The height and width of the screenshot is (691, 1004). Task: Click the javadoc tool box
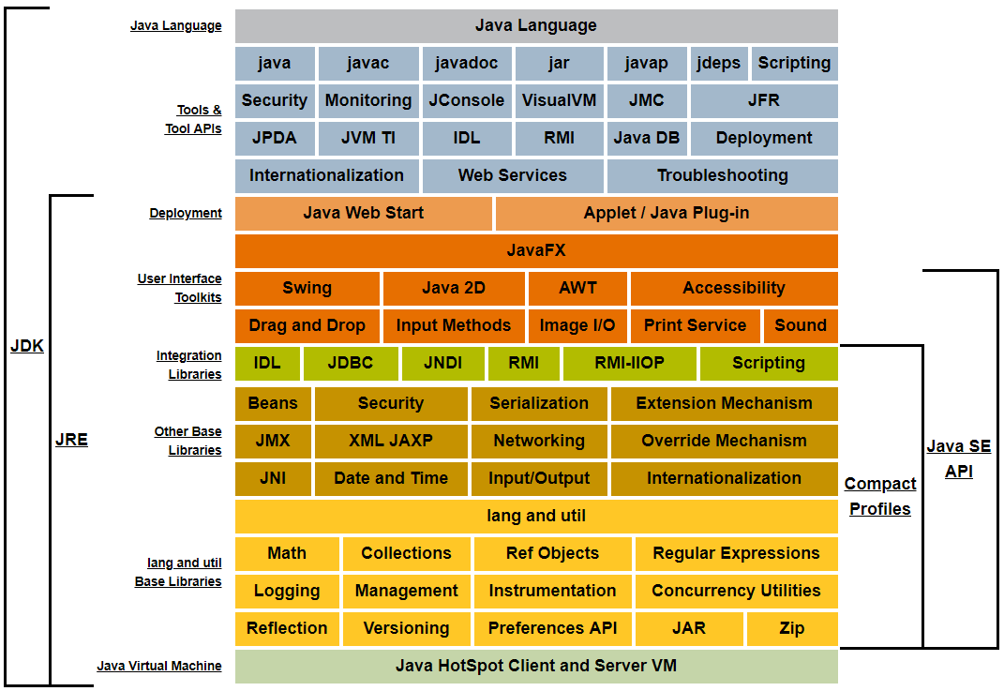click(466, 64)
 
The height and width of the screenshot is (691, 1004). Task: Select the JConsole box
click(466, 100)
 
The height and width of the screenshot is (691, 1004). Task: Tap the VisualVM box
click(559, 100)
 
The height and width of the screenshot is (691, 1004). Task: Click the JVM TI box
click(367, 138)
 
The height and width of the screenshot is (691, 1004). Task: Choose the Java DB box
click(646, 138)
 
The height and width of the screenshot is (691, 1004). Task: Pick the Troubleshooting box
click(722, 175)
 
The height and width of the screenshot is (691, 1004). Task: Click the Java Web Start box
click(363, 213)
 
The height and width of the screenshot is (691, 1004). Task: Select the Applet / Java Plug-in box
click(666, 213)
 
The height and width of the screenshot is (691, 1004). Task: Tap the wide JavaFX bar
click(536, 250)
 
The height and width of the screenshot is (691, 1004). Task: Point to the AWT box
click(577, 288)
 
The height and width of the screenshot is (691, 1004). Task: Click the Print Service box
click(695, 325)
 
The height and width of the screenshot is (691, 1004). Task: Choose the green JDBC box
click(351, 363)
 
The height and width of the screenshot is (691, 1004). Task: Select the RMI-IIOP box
click(629, 363)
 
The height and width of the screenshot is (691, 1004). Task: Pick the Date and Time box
click(390, 478)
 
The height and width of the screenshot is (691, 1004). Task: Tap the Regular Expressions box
click(736, 553)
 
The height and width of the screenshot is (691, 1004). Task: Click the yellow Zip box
click(791, 628)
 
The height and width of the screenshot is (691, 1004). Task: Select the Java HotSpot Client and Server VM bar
click(536, 666)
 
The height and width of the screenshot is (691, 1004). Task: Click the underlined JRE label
click(71, 439)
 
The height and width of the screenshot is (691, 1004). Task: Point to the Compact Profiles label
click(879, 496)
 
